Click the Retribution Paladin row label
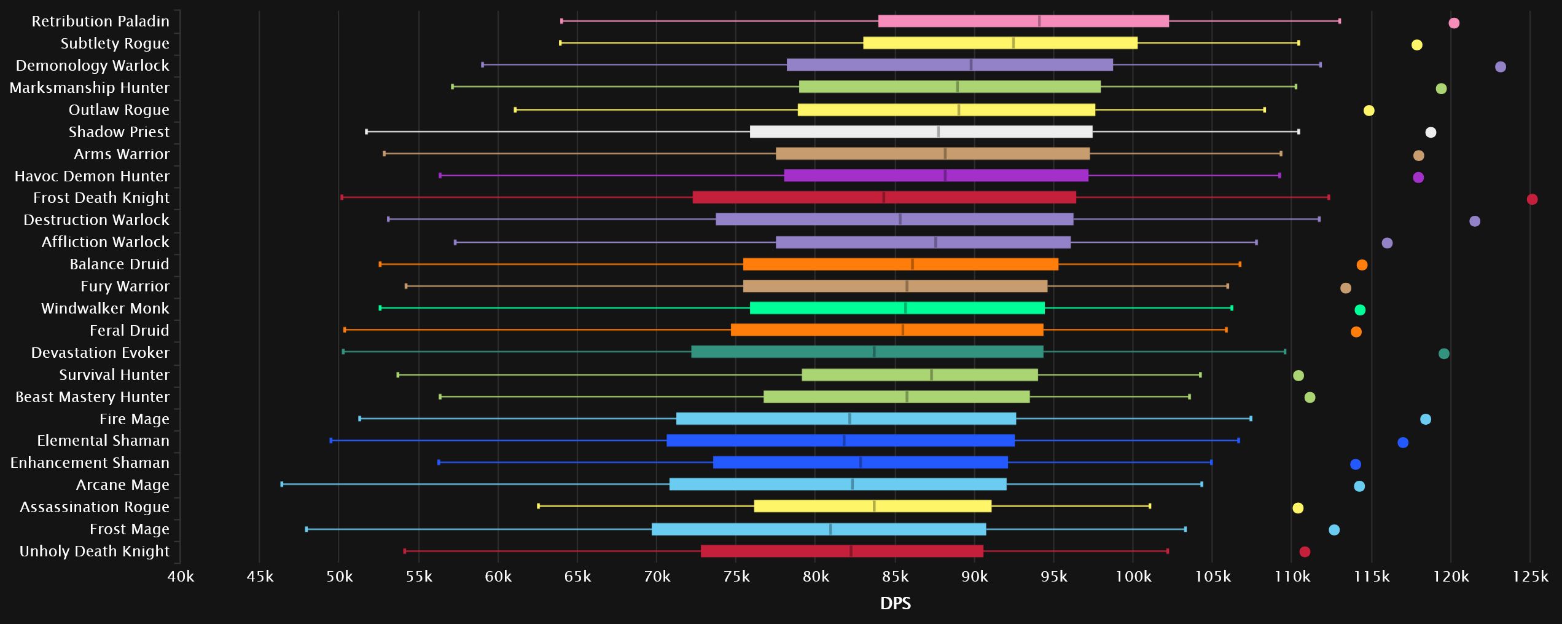[100, 22]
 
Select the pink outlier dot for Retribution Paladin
[1453, 23]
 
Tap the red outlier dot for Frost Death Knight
[1532, 199]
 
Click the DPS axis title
[895, 604]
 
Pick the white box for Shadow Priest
[921, 132]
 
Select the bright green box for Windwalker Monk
[897, 308]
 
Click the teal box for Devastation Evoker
[867, 352]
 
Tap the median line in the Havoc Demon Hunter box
[945, 176]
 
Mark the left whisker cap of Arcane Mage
[282, 484]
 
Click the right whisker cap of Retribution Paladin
[1339, 21]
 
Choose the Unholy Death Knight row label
[94, 551]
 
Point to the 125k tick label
[1530, 577]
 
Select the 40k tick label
[181, 577]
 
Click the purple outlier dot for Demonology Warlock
[1500, 67]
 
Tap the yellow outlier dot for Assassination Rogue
[1297, 508]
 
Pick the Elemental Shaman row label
[103, 441]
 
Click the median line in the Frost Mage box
[830, 529]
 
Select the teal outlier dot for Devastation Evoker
[1443, 353]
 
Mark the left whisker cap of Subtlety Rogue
[560, 43]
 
